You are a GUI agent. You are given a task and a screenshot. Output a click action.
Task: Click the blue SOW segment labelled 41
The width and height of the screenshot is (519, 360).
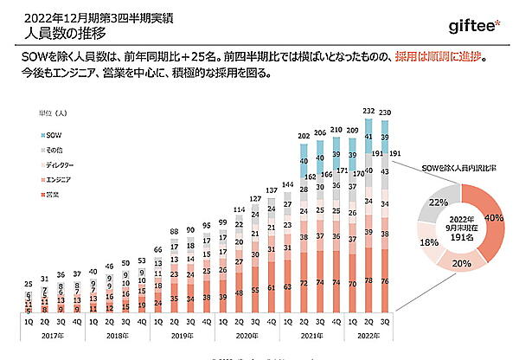[x=369, y=137]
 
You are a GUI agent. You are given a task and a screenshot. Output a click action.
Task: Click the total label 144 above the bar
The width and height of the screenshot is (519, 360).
[x=286, y=185]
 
